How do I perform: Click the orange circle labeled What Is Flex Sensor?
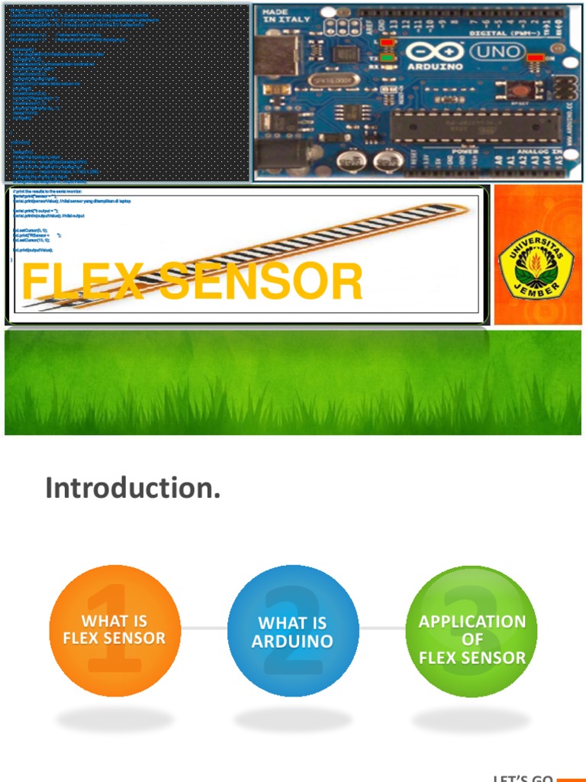(114, 630)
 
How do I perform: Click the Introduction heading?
(133, 487)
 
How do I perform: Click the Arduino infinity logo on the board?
(433, 50)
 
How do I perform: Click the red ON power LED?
(535, 57)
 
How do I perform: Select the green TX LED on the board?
(387, 57)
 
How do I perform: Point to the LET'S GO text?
(523, 778)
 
